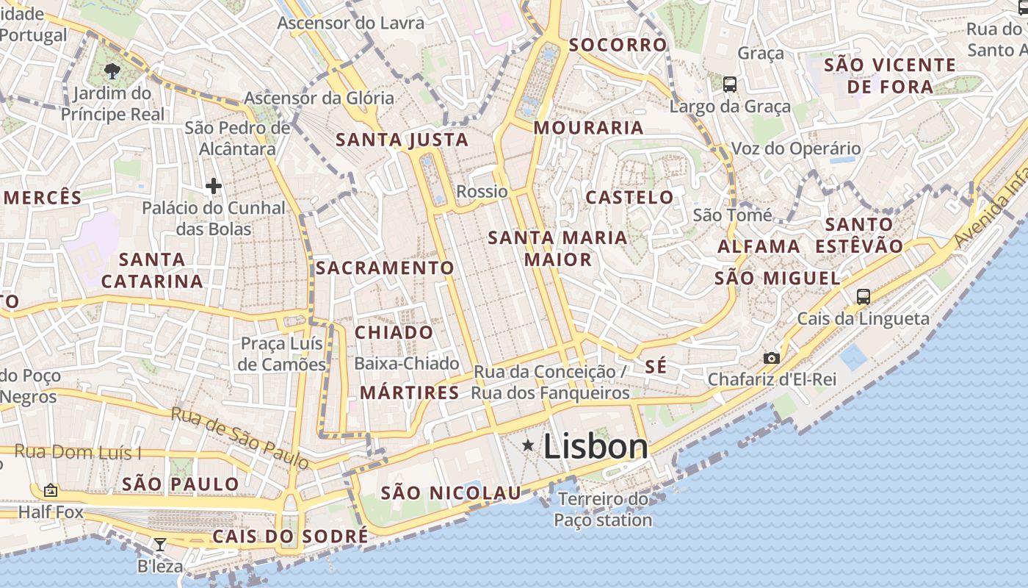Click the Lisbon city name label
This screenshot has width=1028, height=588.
click(596, 446)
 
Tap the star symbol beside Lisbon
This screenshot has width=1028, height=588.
click(528, 445)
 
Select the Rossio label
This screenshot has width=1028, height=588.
click(482, 192)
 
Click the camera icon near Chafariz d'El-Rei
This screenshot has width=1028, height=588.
click(771, 358)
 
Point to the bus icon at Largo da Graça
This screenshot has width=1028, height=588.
click(729, 84)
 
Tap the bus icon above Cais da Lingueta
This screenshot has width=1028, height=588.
click(864, 297)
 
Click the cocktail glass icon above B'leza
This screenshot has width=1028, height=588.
click(159, 545)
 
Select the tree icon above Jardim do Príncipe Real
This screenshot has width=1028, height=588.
click(112, 71)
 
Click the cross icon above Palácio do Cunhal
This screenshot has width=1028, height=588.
click(214, 186)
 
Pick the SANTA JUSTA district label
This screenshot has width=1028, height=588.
click(402, 140)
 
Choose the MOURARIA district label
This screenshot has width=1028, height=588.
click(588, 128)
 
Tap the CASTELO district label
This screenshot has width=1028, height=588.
click(629, 197)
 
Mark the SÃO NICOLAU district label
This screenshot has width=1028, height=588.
click(451, 493)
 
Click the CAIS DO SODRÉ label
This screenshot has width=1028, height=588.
click(290, 537)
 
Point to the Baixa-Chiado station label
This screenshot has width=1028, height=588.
click(406, 363)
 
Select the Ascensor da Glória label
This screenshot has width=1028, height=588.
click(319, 98)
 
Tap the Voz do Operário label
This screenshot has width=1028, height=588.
click(795, 148)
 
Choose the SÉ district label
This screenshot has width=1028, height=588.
click(656, 366)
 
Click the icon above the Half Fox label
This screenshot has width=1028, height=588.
click(51, 490)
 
